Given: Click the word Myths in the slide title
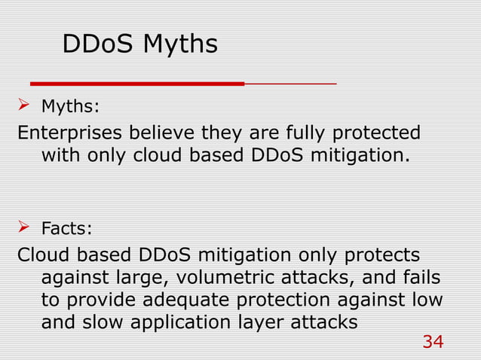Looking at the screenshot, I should pyautogui.click(x=180, y=44).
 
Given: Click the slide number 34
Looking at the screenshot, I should pyautogui.click(x=433, y=343).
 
